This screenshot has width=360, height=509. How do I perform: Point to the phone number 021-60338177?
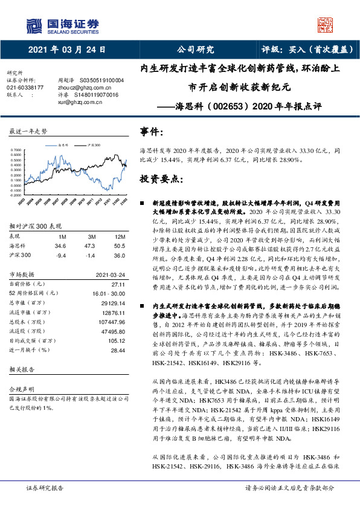coord(25,88)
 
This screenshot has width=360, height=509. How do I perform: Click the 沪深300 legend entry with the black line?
coord(91,146)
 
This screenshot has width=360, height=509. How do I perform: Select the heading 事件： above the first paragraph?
coord(152,132)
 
